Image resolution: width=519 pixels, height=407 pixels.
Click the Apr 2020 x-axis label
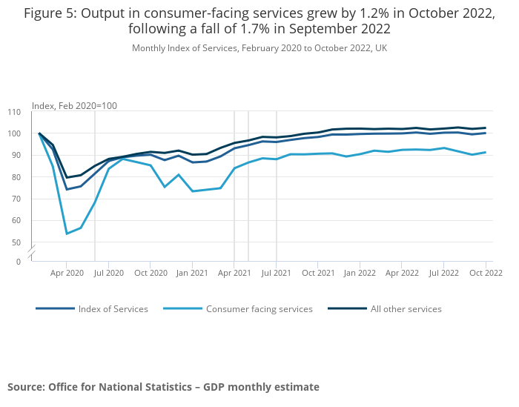67,273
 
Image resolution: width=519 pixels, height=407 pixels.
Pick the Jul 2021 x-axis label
276,273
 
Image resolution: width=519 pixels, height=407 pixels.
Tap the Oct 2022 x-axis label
486,273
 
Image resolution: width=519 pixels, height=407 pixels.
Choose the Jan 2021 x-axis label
192,273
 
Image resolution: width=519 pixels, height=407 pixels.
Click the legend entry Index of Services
113,309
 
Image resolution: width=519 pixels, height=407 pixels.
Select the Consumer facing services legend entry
259,309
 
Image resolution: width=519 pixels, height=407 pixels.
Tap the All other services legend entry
406,309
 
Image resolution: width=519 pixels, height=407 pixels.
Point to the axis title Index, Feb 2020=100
74,106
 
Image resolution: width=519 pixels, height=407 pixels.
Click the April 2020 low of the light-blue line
67,234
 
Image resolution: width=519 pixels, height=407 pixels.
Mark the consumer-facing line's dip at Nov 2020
165,187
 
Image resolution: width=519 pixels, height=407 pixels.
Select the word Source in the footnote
25,387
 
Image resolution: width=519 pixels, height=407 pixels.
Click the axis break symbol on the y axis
32,252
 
